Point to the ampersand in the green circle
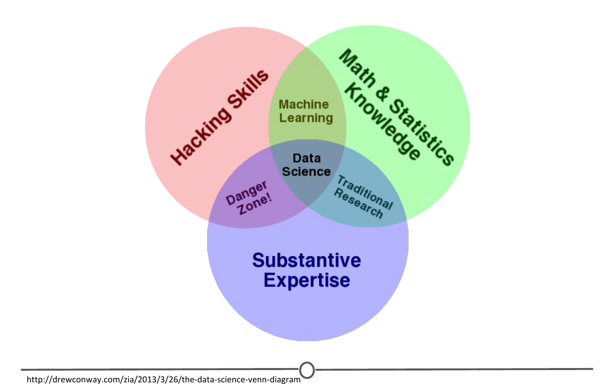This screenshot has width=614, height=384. pyautogui.click(x=382, y=94)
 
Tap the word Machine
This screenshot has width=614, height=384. pyautogui.click(x=304, y=104)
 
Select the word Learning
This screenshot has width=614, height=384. pyautogui.click(x=306, y=118)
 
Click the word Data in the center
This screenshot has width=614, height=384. pyautogui.click(x=307, y=158)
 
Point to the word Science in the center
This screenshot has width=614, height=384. pyautogui.click(x=306, y=172)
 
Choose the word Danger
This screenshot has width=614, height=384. pyautogui.click(x=246, y=192)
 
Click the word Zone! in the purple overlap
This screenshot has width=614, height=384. pyautogui.click(x=255, y=203)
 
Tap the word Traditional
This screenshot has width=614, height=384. pyautogui.click(x=365, y=192)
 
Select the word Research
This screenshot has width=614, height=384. pyautogui.click(x=359, y=203)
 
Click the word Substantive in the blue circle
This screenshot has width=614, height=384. pyautogui.click(x=307, y=260)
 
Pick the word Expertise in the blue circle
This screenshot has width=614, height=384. pyautogui.click(x=307, y=280)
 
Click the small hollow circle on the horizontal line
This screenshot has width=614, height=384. pyautogui.click(x=307, y=370)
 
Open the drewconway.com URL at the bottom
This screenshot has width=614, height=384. pyautogui.click(x=163, y=379)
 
